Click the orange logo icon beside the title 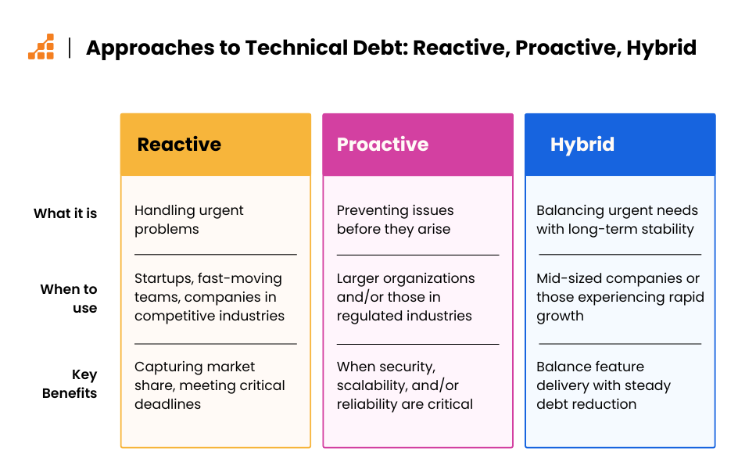(41, 47)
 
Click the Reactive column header (179, 144)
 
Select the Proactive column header (382, 144)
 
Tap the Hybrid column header (582, 145)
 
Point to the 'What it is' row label (65, 213)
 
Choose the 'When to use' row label (69, 299)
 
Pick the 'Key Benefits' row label (70, 383)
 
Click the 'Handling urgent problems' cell (188, 220)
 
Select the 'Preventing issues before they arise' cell (395, 220)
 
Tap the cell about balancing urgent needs (617, 220)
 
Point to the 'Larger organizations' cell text (406, 297)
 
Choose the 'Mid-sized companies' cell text (620, 297)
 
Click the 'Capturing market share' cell (210, 385)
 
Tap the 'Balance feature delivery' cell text (604, 385)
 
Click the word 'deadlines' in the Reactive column (167, 404)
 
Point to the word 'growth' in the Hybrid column (560, 317)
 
